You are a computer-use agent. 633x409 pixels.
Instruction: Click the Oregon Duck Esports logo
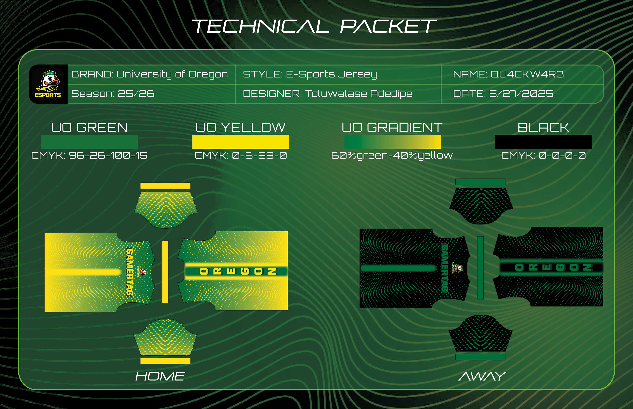(48, 84)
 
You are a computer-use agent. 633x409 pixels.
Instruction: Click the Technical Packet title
(314, 26)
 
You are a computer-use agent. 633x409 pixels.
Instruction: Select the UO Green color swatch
(89, 142)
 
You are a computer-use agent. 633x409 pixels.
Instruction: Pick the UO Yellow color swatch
(241, 142)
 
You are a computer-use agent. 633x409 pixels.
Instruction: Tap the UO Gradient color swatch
(392, 142)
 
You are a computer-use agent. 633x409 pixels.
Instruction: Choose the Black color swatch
(543, 142)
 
